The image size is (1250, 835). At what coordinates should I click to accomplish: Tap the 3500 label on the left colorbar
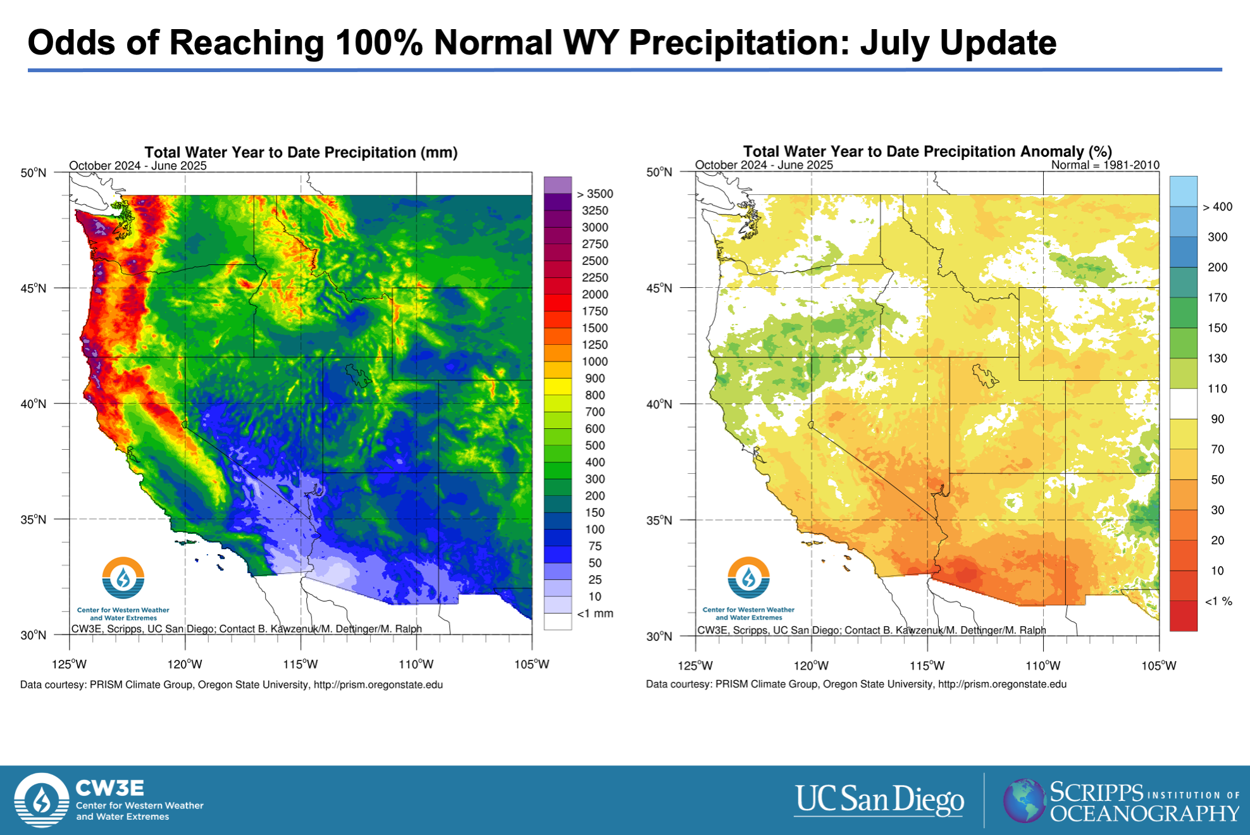click(x=595, y=194)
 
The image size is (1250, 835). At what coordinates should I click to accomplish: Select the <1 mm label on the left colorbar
click(x=595, y=614)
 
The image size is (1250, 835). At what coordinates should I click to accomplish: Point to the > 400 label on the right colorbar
click(x=1218, y=207)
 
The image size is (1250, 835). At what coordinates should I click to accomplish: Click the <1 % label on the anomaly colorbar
click(x=1218, y=601)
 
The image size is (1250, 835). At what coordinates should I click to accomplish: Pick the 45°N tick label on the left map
click(x=34, y=288)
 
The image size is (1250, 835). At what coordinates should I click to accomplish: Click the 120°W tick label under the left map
click(x=185, y=664)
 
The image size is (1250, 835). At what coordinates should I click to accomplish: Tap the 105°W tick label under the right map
click(x=1159, y=665)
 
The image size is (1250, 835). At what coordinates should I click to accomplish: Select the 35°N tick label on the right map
click(x=659, y=520)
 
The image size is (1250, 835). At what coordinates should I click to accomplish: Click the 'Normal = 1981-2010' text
click(x=1105, y=165)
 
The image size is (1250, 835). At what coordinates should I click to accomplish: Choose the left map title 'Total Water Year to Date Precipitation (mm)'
click(x=301, y=152)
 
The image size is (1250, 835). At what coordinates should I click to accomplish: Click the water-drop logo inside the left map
click(x=123, y=578)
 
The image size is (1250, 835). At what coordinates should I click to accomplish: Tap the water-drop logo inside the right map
click(x=749, y=578)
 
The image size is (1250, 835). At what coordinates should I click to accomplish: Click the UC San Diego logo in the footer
click(x=879, y=800)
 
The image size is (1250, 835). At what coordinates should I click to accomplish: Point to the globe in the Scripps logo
click(x=1024, y=801)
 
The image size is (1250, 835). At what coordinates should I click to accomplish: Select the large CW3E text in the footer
click(x=110, y=788)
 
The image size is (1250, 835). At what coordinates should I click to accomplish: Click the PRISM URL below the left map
click(x=378, y=684)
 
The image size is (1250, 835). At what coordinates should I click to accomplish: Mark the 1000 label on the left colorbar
click(x=595, y=362)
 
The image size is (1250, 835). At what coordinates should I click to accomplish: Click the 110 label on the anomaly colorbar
click(x=1218, y=389)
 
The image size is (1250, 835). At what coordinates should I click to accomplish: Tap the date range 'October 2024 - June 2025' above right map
click(x=764, y=165)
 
